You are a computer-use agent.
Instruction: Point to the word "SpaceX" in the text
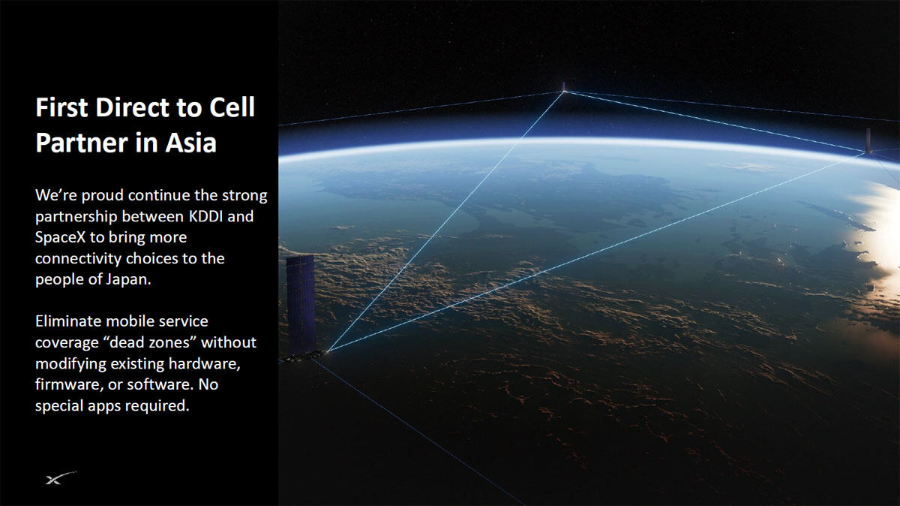tap(60, 237)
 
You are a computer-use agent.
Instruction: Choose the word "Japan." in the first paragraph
tap(129, 279)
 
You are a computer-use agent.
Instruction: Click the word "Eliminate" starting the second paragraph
tap(69, 321)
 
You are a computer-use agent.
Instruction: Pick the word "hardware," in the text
tap(205, 363)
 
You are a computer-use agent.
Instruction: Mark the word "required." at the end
tap(157, 406)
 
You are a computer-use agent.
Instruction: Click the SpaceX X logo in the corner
tap(61, 477)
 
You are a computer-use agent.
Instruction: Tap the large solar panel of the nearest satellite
tap(301, 305)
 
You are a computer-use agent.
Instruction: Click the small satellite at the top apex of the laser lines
tap(564, 87)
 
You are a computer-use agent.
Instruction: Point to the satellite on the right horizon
tap(868, 140)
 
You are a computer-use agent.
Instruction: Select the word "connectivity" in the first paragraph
tap(78, 259)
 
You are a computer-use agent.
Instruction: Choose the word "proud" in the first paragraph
tap(102, 195)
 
